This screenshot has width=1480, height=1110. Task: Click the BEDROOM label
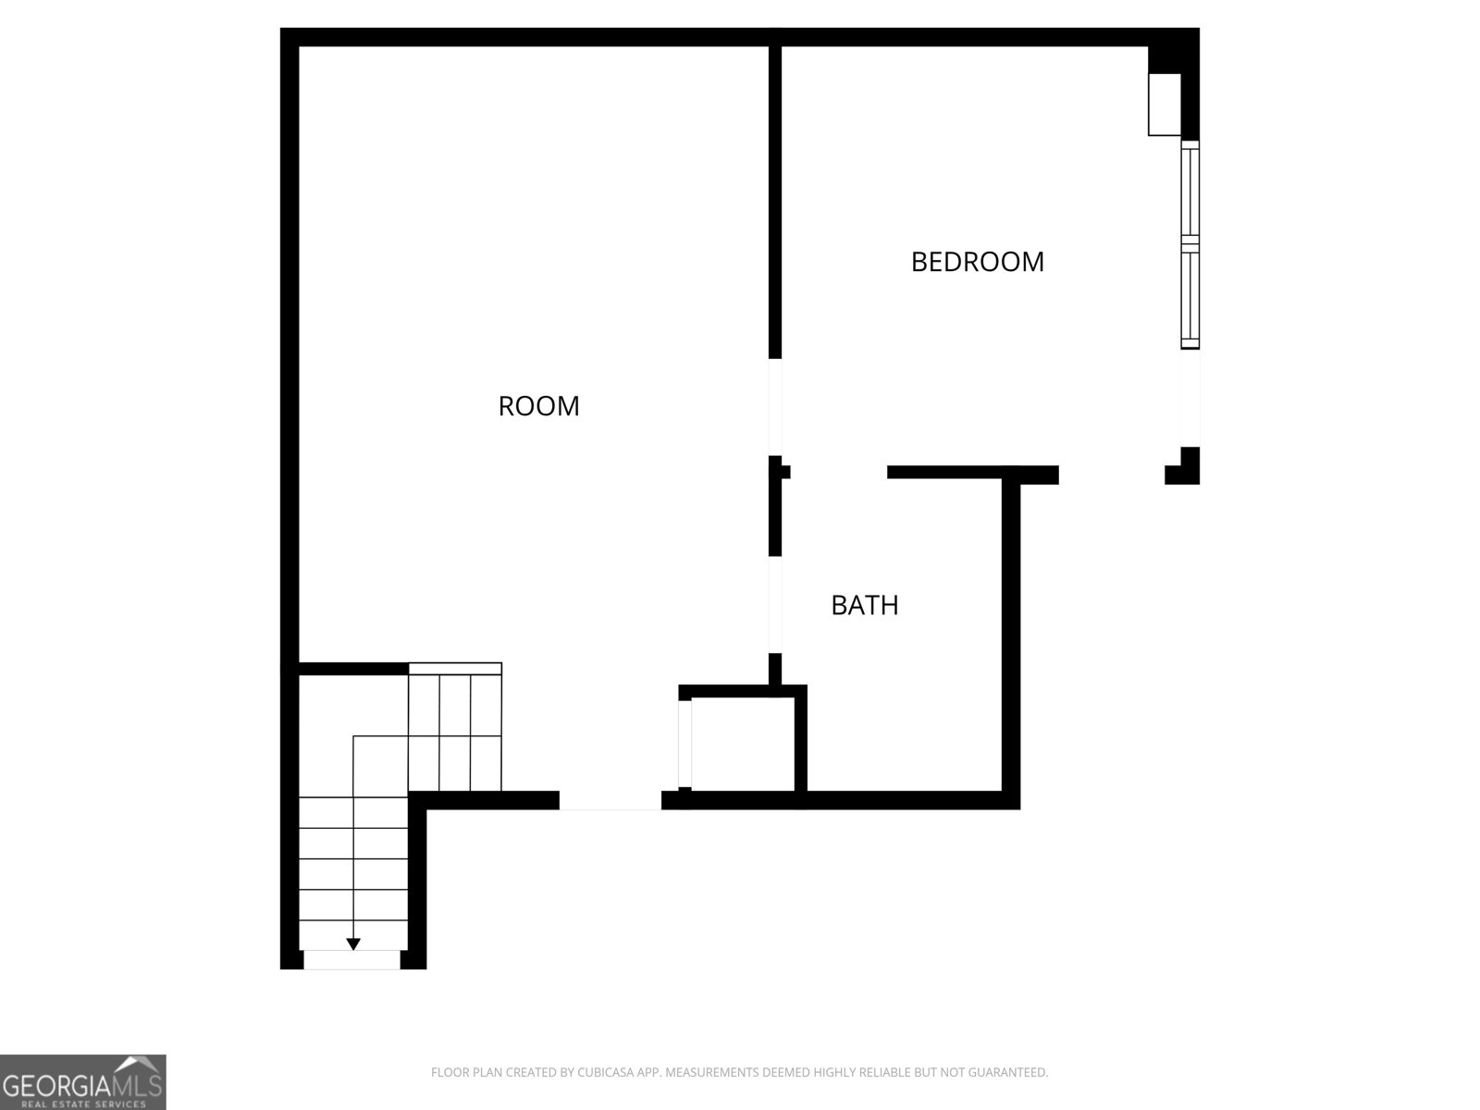point(977,262)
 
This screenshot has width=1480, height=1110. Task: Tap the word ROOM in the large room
point(538,406)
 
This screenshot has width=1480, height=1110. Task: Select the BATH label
point(864,605)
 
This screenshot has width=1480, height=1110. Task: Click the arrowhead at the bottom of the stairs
point(352,944)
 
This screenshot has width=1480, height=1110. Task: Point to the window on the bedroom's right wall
point(1190,244)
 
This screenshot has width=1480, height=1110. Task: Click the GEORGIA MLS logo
point(83,1081)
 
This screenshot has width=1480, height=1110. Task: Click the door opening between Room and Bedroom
point(775,407)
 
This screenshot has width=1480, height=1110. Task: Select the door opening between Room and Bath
point(775,605)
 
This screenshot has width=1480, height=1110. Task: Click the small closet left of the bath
point(743,744)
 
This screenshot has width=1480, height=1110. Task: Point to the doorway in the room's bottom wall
point(610,800)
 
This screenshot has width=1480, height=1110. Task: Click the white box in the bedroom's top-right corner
point(1165,105)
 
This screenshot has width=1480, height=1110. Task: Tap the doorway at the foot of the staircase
point(352,960)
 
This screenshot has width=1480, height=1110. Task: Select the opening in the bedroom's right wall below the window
point(1190,399)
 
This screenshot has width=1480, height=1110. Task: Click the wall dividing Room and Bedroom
point(775,203)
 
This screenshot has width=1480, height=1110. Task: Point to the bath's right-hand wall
point(1011,637)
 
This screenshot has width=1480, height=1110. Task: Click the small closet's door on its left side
point(684,744)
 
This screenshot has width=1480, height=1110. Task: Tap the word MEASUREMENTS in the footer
point(711,1071)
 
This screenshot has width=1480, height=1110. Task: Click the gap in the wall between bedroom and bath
point(839,472)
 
